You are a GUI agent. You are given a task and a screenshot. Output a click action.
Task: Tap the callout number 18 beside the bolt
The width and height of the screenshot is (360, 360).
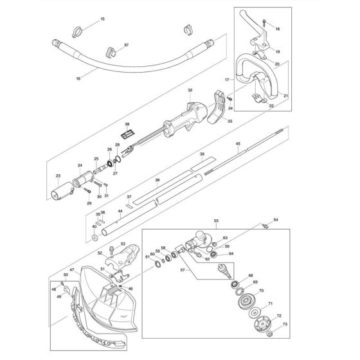pyautogui.click(x=277, y=30)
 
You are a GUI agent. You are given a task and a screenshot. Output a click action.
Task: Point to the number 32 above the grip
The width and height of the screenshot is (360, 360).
pyautogui.click(x=190, y=91)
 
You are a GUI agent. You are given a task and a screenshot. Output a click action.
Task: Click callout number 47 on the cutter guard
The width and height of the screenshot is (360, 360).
pyautogui.click(x=72, y=271)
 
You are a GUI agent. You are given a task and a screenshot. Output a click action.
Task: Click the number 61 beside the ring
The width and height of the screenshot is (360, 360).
pyautogui.click(x=147, y=256)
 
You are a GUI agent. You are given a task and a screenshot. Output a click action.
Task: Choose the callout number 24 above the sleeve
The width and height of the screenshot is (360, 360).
pyautogui.click(x=81, y=165)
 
